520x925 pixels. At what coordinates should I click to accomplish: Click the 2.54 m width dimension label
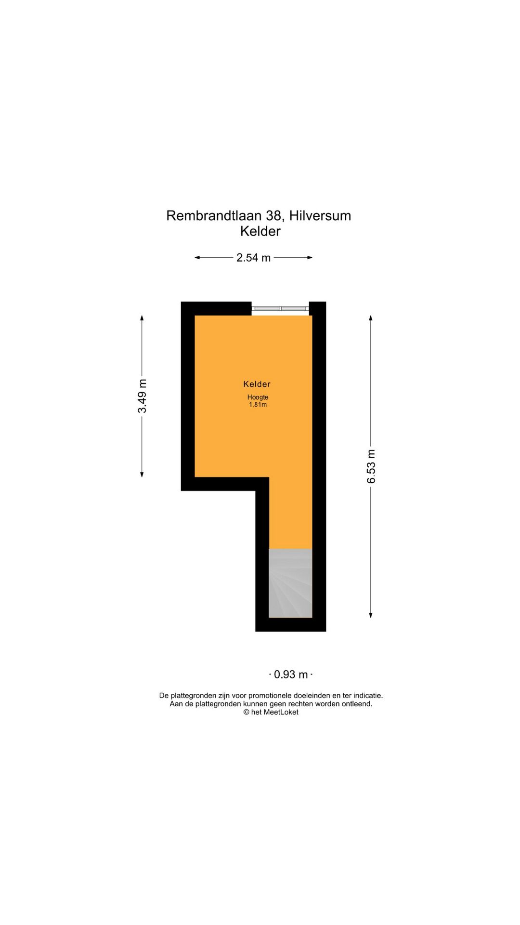(x=253, y=258)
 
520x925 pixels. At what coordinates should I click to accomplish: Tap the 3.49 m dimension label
(x=142, y=396)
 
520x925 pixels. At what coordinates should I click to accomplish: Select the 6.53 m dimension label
(x=371, y=466)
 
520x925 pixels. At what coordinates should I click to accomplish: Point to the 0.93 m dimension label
(x=291, y=674)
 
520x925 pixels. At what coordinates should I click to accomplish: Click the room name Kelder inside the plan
(x=257, y=384)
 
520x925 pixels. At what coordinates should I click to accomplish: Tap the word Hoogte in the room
(x=258, y=397)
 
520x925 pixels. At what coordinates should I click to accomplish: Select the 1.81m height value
(x=258, y=405)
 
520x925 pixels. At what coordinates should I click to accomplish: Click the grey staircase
(x=290, y=583)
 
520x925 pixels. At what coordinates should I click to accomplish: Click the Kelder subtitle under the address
(x=260, y=231)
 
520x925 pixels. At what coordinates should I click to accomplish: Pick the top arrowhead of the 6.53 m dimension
(x=371, y=318)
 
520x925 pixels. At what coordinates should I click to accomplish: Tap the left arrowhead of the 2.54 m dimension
(x=197, y=258)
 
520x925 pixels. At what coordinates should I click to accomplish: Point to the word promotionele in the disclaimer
(x=273, y=696)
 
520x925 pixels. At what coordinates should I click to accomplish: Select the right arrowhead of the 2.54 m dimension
(x=310, y=258)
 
